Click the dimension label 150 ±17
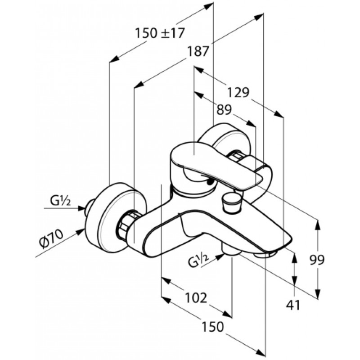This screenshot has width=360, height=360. (160, 33)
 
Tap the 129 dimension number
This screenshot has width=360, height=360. (238, 93)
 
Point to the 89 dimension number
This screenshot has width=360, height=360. (224, 110)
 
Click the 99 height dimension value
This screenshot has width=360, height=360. (317, 260)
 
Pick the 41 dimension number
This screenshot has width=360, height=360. (293, 305)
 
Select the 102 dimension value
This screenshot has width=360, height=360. (196, 298)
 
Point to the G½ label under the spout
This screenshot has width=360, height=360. (198, 261)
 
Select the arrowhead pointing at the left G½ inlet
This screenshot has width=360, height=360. (81, 208)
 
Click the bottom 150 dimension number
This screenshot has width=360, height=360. (213, 326)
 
